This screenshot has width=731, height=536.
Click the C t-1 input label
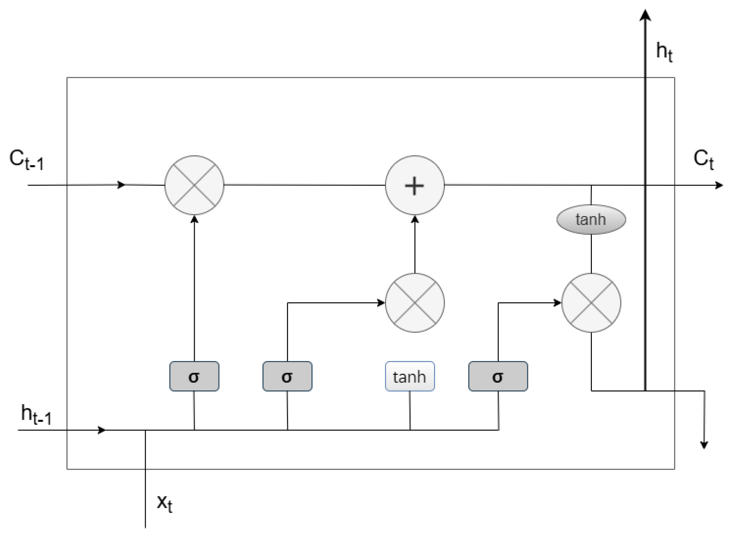[x=27, y=160]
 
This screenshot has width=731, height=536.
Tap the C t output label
[x=703, y=160]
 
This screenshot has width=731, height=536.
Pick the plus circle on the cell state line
[x=414, y=185]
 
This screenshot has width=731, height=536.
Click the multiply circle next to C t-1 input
[x=194, y=185]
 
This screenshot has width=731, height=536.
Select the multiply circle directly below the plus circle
[x=414, y=303]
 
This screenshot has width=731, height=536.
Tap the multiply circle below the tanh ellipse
[x=591, y=303]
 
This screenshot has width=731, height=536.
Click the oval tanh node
[x=591, y=220]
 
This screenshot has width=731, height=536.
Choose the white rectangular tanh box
[x=410, y=376]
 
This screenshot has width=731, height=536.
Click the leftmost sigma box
[x=194, y=376]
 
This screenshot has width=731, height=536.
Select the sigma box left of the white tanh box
[x=287, y=376]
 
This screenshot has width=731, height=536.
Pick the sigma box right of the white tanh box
[x=498, y=376]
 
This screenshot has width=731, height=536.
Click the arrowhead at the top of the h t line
[x=645, y=16]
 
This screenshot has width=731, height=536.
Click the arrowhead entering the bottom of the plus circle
[x=415, y=220]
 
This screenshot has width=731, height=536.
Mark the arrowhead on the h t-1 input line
[x=102, y=430]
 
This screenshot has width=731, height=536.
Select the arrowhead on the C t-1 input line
[x=121, y=185]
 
